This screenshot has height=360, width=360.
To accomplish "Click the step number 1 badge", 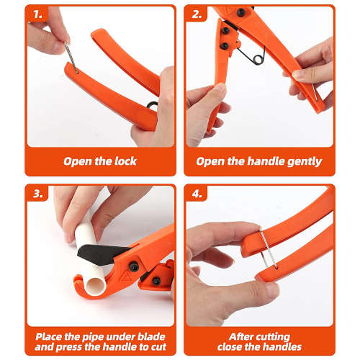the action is pyautogui.click(x=37, y=14).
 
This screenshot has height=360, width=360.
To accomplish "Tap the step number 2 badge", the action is pyautogui.click(x=197, y=14).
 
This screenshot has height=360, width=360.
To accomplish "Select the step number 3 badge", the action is pyautogui.click(x=37, y=194).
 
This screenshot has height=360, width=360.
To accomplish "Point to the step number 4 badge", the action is pyautogui.click(x=197, y=194).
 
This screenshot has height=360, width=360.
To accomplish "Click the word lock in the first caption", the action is pyautogui.click(x=125, y=161).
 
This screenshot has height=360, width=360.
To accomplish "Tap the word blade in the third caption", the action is pyautogui.click(x=151, y=337).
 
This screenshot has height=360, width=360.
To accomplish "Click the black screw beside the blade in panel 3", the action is pyautogui.click(x=134, y=266).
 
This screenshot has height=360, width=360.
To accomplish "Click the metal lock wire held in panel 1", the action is pyautogui.click(x=71, y=58).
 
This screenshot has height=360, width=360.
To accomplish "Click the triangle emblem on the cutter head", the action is pyautogui.click(x=125, y=276).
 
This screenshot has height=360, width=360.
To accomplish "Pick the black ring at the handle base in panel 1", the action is pyautogui.click(x=152, y=105).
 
